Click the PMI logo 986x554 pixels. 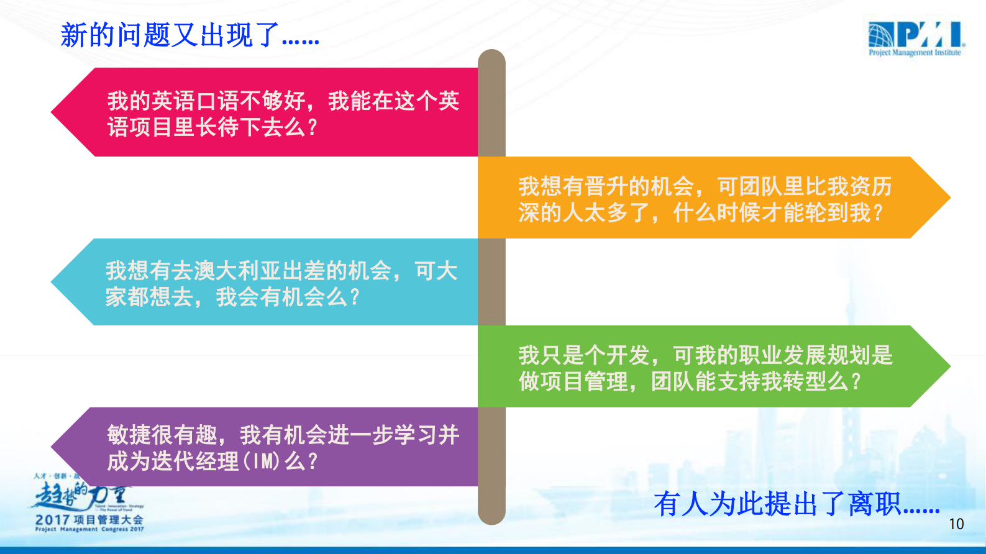tap(916, 35)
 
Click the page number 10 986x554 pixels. tap(956, 524)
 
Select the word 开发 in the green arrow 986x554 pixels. tap(628, 355)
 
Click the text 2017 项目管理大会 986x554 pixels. tap(89, 520)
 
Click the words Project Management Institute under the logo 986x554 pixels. tap(914, 53)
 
